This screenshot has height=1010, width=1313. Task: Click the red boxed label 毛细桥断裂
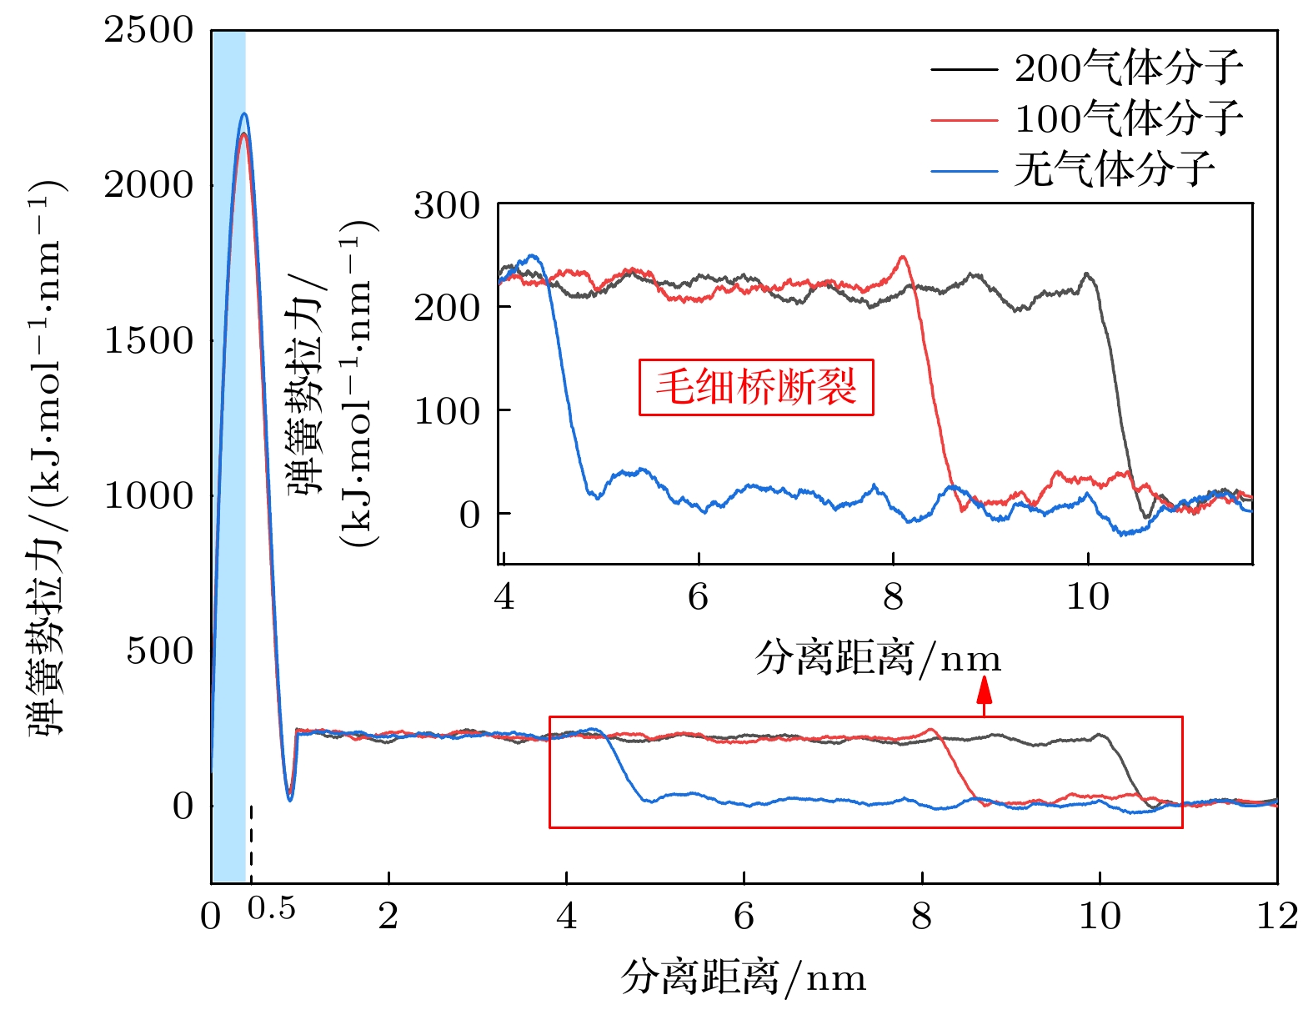[x=756, y=387]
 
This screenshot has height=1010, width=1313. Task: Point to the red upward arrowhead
[x=985, y=690]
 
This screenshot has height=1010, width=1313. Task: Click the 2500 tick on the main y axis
[x=148, y=31]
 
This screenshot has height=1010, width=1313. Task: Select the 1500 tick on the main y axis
[x=148, y=341]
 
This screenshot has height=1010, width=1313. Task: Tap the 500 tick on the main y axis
[x=159, y=651]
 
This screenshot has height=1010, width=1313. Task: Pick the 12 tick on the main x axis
[x=1277, y=917]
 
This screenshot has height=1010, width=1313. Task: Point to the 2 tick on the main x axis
[x=388, y=917]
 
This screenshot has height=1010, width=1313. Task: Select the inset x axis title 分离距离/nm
[x=878, y=658]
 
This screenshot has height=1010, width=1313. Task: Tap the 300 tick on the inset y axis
[x=447, y=206]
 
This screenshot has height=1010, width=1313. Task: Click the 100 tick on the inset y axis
[x=447, y=411]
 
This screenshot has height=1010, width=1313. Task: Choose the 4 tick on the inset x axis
[x=504, y=597]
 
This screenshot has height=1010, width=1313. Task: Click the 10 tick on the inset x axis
[x=1088, y=597]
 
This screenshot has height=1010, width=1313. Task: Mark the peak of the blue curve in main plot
[x=243, y=113]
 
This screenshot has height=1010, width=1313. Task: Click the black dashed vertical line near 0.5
[x=251, y=842]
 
